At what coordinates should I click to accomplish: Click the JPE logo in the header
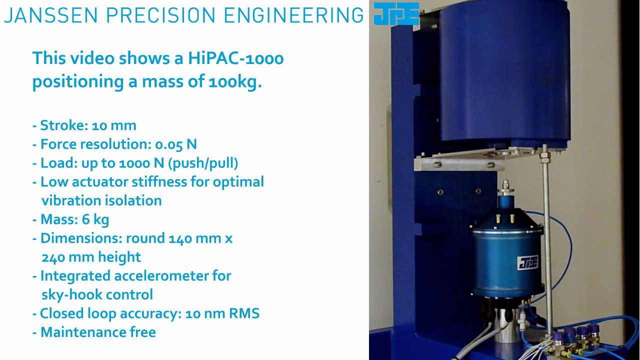click(x=396, y=13)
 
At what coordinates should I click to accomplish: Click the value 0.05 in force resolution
click(x=169, y=144)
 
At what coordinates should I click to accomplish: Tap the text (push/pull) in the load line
click(x=211, y=163)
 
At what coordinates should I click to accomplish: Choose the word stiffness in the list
click(x=155, y=181)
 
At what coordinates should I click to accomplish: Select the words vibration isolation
click(x=101, y=200)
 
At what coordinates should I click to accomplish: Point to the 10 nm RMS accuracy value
click(x=222, y=313)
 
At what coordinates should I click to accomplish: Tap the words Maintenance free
click(x=98, y=332)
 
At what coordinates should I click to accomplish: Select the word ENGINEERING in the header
click(x=293, y=15)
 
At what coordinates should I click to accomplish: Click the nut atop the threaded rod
click(x=546, y=156)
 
